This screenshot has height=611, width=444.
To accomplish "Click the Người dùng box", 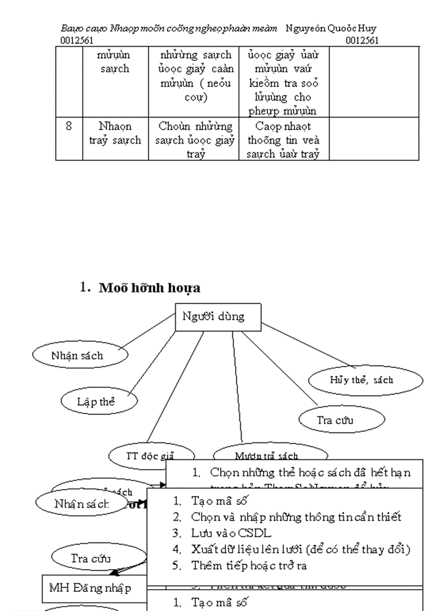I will pyautogui.click(x=218, y=317).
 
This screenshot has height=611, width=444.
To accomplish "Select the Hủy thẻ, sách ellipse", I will pyautogui.click(x=365, y=380).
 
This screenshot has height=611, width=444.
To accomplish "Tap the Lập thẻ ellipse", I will pyautogui.click(x=98, y=402).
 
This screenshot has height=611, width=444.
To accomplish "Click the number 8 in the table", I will pyautogui.click(x=69, y=126).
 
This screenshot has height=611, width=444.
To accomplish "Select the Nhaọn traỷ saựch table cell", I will pyautogui.click(x=115, y=133).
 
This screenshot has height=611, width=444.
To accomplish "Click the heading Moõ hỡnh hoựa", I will pyautogui.click(x=149, y=288).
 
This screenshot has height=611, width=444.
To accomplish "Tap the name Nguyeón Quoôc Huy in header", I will pyautogui.click(x=330, y=28).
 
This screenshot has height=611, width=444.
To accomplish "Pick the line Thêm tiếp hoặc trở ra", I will pyautogui.click(x=249, y=565).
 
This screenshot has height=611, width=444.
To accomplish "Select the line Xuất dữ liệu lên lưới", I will pyautogui.click(x=300, y=549).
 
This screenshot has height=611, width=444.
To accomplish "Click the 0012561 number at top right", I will pyautogui.click(x=362, y=40).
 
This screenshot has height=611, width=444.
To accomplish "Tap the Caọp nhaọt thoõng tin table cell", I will pyautogui.click(x=283, y=140).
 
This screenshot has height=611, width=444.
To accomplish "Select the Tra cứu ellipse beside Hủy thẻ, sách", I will pyautogui.click(x=342, y=419).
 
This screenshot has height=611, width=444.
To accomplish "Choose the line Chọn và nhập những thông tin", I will pyautogui.click(x=296, y=516).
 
